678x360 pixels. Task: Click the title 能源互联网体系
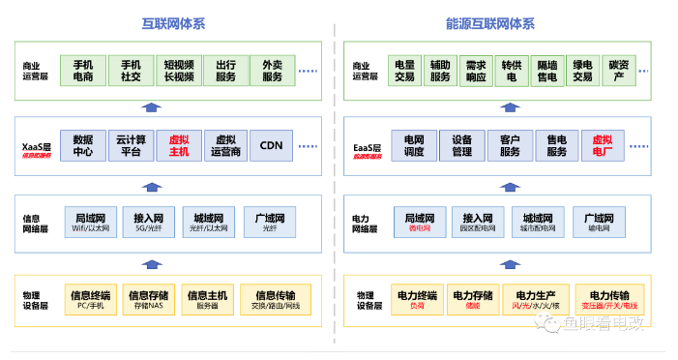click(503, 23)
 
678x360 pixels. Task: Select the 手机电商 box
click(83, 70)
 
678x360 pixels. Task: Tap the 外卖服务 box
click(273, 70)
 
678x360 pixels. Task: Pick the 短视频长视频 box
click(178, 70)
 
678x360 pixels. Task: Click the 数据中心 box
click(83, 145)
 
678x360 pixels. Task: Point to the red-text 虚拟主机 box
click(178, 145)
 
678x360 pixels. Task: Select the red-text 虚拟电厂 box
click(603, 145)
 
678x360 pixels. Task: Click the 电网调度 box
click(414, 145)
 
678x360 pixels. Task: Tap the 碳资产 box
click(617, 70)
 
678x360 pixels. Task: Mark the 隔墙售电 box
click(546, 70)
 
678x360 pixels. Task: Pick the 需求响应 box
click(476, 70)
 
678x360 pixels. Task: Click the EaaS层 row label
click(366, 148)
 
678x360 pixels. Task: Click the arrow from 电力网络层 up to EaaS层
click(493, 184)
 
